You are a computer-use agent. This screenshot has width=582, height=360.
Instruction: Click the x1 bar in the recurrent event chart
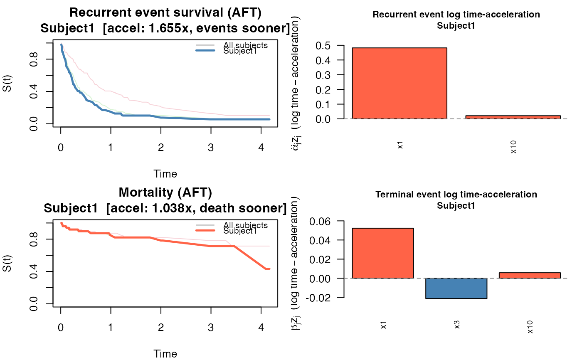pos(399,83)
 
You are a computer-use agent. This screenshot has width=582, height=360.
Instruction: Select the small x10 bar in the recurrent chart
pos(513,117)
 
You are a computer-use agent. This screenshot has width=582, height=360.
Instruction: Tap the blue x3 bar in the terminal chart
pos(456,288)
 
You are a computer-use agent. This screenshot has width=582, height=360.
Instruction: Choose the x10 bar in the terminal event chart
pos(529,275)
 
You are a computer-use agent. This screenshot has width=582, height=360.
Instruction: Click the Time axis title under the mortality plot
pos(165,354)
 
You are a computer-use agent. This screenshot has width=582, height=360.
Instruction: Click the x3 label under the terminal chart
pos(456,325)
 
